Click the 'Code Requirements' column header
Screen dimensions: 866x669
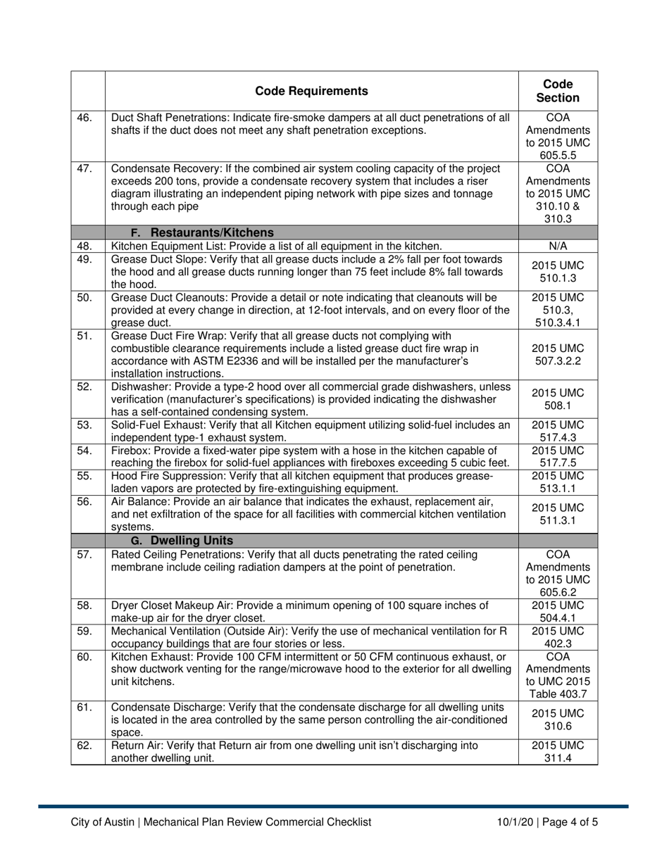(x=311, y=91)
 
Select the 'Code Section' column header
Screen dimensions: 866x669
(x=558, y=91)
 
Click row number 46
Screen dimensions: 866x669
(x=85, y=118)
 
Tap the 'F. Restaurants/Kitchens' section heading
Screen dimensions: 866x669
(x=203, y=233)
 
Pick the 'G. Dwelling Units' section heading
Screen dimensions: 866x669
(x=182, y=541)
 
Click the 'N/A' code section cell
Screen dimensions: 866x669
(x=558, y=246)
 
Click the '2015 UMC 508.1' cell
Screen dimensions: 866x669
(x=558, y=399)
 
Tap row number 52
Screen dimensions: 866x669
(x=85, y=387)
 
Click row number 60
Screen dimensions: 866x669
(x=85, y=657)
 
